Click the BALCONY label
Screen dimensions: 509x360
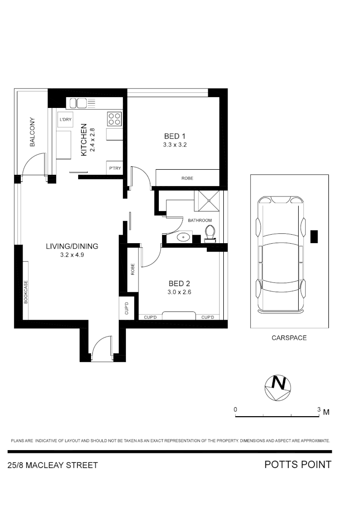(x=33, y=132)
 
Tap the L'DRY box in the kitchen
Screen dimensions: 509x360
(x=65, y=120)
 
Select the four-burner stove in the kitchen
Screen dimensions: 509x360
(x=114, y=118)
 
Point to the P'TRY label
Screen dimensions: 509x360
(x=114, y=168)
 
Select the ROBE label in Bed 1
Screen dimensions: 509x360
(x=187, y=178)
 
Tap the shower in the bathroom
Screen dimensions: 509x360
(x=207, y=201)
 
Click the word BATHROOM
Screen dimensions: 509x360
(x=200, y=220)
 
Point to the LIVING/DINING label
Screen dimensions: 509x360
(x=72, y=246)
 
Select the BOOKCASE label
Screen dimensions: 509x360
(x=26, y=292)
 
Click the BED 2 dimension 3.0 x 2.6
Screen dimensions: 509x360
(x=179, y=292)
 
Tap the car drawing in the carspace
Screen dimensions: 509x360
(x=281, y=254)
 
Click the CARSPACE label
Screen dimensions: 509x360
(x=289, y=338)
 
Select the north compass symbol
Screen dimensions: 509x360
(x=278, y=388)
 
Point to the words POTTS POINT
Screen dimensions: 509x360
(x=297, y=465)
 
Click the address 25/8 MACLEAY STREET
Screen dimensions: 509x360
(x=53, y=466)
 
